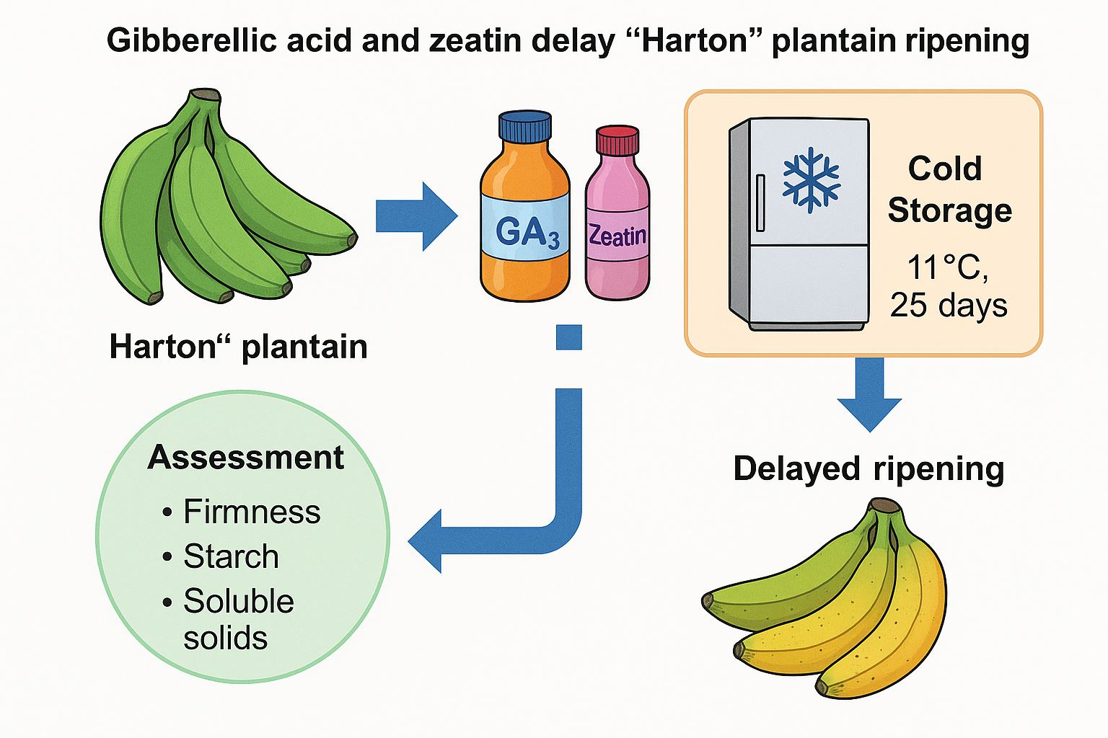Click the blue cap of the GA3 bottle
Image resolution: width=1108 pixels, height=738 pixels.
[525, 128]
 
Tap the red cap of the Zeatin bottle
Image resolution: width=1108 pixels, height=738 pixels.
[617, 141]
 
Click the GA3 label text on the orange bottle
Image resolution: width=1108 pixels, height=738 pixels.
[527, 233]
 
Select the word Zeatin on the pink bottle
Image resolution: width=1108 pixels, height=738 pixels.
[617, 235]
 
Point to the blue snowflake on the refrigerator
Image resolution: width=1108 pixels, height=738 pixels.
[811, 179]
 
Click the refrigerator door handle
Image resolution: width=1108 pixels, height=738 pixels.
[760, 202]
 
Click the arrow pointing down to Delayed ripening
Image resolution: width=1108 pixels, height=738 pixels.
[870, 394]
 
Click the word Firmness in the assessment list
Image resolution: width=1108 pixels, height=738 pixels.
[252, 512]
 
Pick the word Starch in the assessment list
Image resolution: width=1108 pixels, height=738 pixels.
[231, 556]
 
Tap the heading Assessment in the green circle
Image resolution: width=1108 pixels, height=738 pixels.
[245, 458]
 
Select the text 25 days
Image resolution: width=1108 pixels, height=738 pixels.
[948, 305]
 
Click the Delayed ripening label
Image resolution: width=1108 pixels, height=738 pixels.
[869, 468]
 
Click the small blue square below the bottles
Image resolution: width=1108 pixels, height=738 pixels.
[568, 337]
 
